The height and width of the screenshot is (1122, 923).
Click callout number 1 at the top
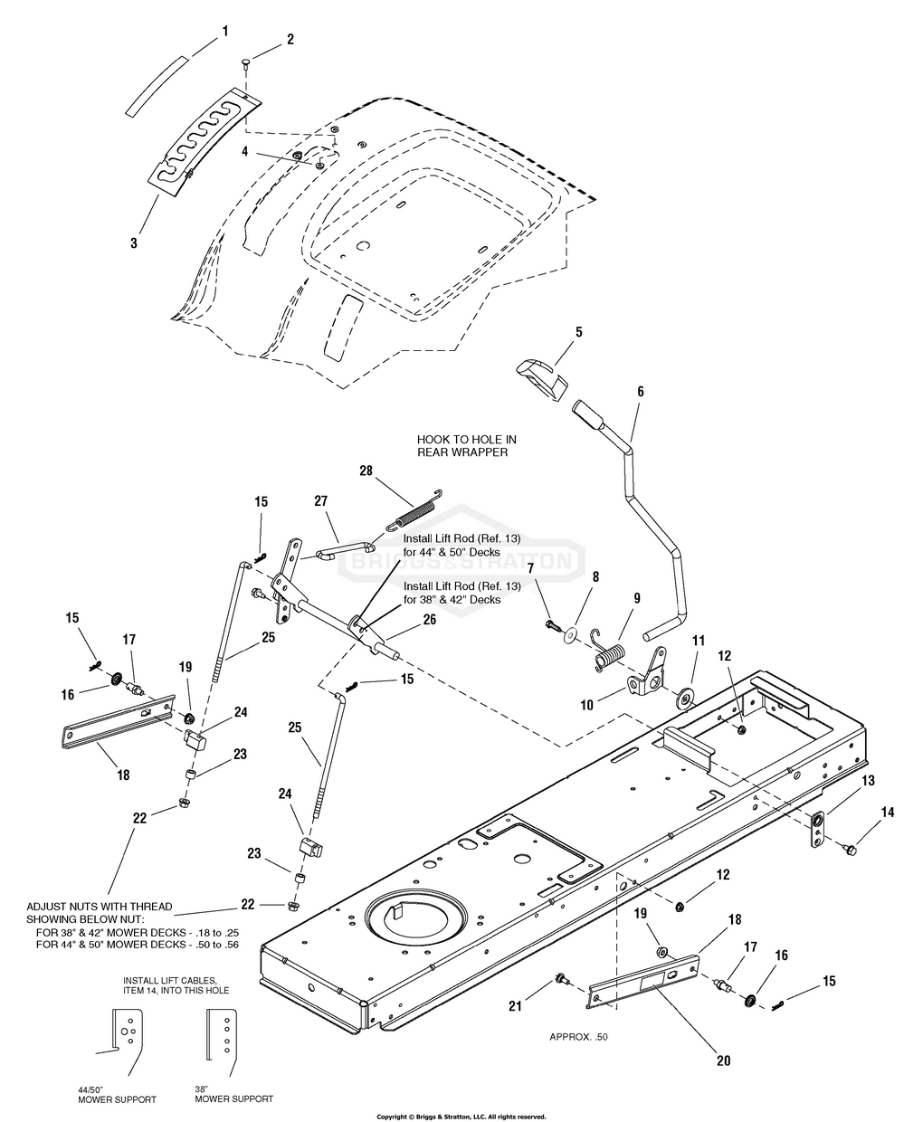tap(224, 31)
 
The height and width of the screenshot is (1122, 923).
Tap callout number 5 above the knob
tap(578, 332)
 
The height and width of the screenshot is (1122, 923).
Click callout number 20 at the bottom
tap(723, 1060)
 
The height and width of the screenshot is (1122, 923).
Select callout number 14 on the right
tap(888, 813)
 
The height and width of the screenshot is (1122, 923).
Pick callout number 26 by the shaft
tap(429, 620)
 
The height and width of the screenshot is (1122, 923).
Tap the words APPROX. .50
tap(578, 1037)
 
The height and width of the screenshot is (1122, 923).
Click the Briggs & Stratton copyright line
tap(461, 1117)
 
